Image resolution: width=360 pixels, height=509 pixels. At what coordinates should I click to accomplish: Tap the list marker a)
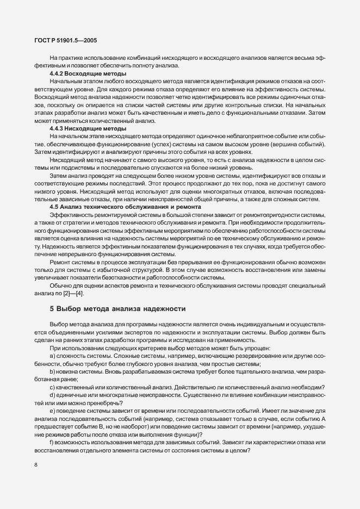tap(53, 356)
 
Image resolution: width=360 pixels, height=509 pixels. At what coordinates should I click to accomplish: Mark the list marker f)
tap(52, 442)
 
